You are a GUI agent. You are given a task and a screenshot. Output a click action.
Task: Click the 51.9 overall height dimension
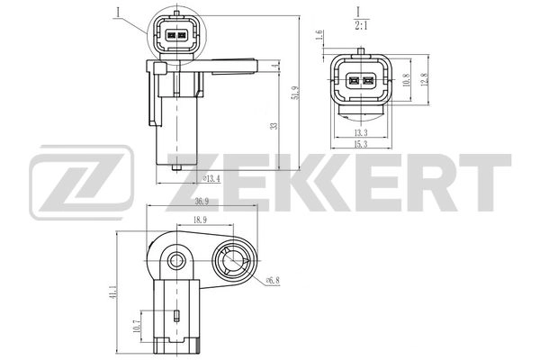pos(295,92)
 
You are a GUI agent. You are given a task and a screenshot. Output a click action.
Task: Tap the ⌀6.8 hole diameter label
pos(271,279)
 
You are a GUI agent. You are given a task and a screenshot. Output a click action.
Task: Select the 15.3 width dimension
pos(360,144)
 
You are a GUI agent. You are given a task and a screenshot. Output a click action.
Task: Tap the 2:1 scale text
pos(360,26)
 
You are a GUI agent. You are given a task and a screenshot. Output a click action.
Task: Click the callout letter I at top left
pos(117,12)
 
